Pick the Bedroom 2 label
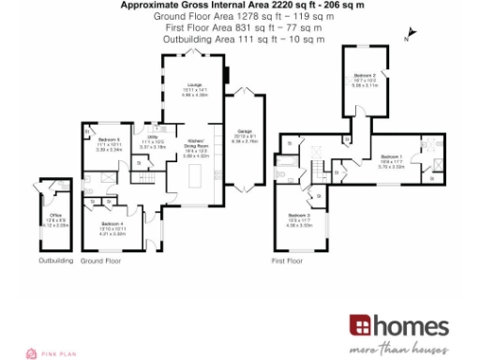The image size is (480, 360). click(x=365, y=76)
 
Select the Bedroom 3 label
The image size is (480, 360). click(x=299, y=217)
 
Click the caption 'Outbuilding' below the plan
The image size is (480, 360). click(x=55, y=261)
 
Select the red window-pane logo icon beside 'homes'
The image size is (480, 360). click(x=362, y=326)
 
